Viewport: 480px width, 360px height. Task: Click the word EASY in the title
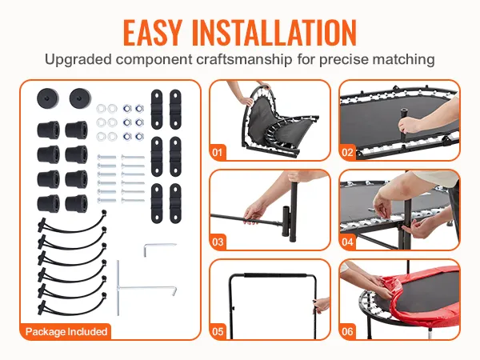(x=153, y=33)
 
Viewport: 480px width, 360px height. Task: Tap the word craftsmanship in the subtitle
(x=244, y=59)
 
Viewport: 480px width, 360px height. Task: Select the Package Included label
(x=66, y=331)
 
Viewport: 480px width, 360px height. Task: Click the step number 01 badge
(x=218, y=152)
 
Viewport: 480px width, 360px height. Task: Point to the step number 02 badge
(x=347, y=152)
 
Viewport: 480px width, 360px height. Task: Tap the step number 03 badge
(x=218, y=242)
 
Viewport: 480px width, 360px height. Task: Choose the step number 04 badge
(x=347, y=242)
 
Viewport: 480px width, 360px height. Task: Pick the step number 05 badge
(x=218, y=331)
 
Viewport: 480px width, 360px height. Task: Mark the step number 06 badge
(x=347, y=331)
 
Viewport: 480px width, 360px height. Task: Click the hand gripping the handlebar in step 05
(x=322, y=306)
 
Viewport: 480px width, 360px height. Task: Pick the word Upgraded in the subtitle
(x=78, y=59)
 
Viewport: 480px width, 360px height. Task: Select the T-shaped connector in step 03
(x=286, y=223)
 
